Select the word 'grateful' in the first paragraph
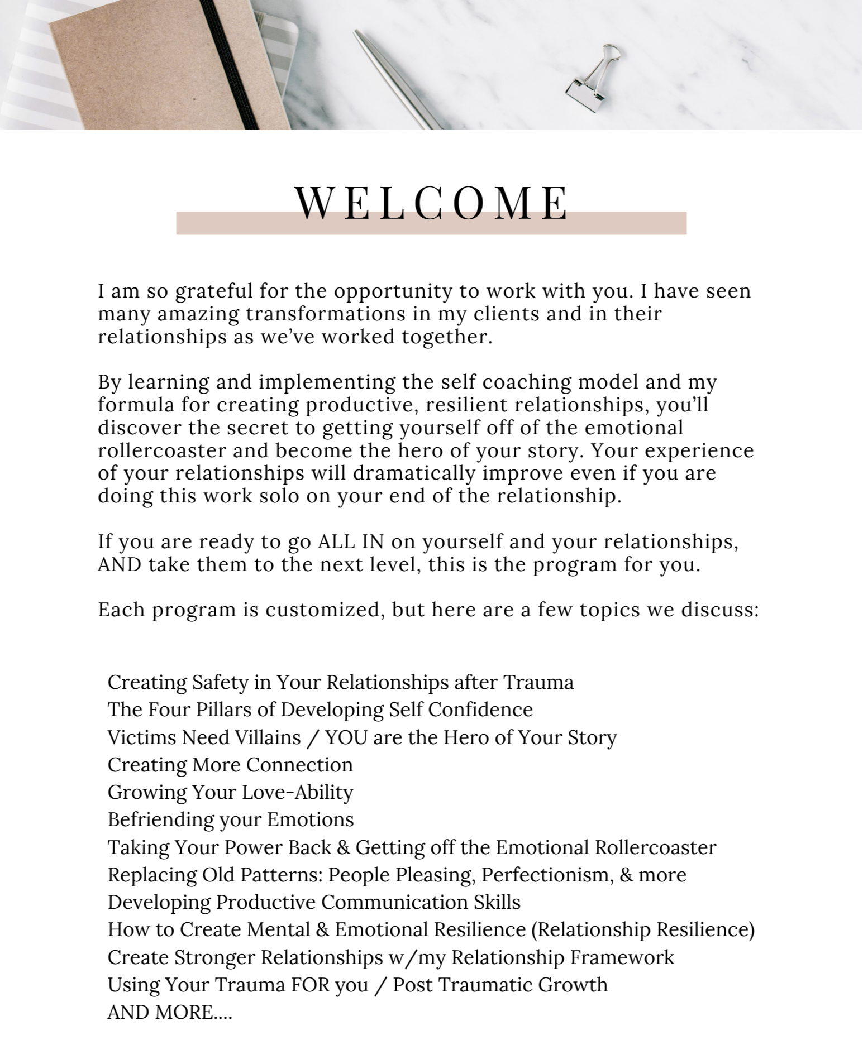pos(214,291)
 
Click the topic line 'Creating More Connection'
pos(230,765)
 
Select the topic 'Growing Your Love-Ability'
pos(230,792)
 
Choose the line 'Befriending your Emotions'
pos(231,819)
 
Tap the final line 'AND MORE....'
pos(169,1012)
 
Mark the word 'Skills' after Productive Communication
pos(497,902)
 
